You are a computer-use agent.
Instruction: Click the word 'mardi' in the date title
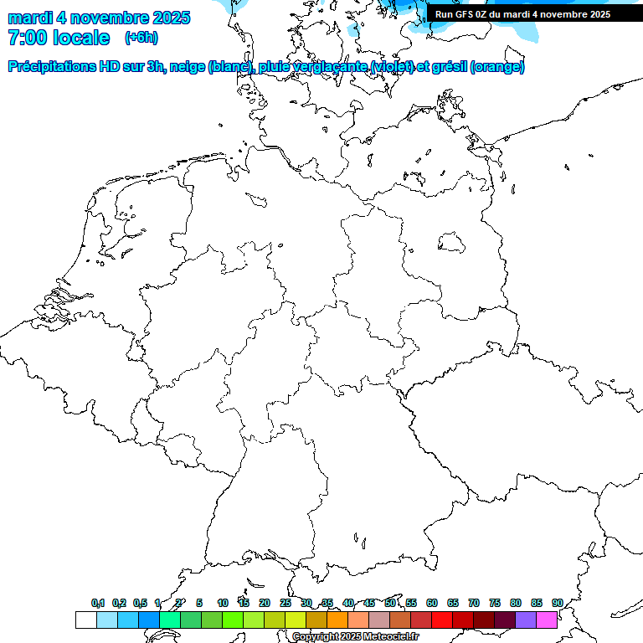click(x=30, y=18)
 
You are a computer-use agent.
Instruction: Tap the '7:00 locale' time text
click(x=59, y=38)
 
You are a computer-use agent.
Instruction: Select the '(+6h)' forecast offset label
click(x=141, y=38)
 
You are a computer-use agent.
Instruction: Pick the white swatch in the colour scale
click(x=85, y=620)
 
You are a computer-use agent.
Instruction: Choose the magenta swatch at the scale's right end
click(x=546, y=620)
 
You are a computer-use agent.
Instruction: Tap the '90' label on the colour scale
click(x=557, y=603)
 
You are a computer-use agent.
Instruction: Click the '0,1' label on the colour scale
click(x=97, y=603)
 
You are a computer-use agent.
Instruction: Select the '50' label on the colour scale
click(x=390, y=603)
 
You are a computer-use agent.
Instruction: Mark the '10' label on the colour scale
click(x=223, y=603)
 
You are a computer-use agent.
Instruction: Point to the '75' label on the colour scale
click(x=495, y=603)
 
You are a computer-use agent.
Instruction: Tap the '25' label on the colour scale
click(x=285, y=603)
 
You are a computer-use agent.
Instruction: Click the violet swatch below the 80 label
click(x=525, y=620)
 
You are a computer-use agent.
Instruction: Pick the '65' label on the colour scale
click(x=453, y=603)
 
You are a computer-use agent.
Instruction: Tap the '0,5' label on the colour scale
click(x=139, y=603)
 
